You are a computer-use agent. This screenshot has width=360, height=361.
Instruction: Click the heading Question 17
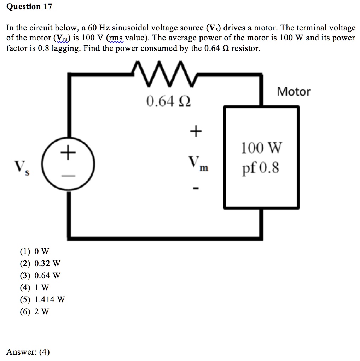pyautogui.click(x=29, y=7)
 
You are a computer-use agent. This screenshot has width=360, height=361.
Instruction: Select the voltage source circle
pyautogui.click(x=68, y=165)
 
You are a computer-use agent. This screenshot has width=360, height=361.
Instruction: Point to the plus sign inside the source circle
pyautogui.click(x=68, y=153)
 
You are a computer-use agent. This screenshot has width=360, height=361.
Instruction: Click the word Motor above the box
pyautogui.click(x=294, y=92)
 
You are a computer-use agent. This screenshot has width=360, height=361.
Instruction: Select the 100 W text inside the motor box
pyautogui.click(x=262, y=148)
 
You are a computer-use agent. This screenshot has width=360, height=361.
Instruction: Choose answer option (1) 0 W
pyautogui.click(x=35, y=252)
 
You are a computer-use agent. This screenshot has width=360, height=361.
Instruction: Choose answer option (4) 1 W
pyautogui.click(x=35, y=287)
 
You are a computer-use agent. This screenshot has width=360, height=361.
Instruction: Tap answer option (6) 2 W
pyautogui.click(x=35, y=311)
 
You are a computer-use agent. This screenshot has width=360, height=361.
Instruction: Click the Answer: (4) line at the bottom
pyautogui.click(x=28, y=352)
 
